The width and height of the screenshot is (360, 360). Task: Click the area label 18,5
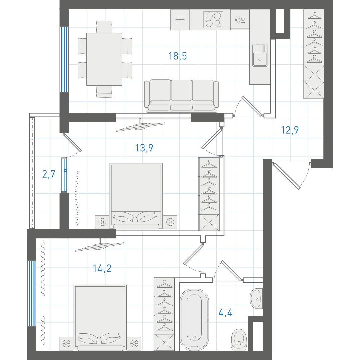(x=177, y=56)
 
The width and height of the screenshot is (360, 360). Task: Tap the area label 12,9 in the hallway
(x=290, y=130)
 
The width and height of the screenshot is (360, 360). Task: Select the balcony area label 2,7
(x=49, y=174)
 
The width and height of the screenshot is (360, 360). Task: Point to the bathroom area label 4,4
(x=225, y=313)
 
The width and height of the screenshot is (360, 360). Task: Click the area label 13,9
(x=144, y=148)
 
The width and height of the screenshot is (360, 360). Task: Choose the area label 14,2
(x=102, y=268)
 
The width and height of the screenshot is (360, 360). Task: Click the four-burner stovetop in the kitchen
(x=213, y=20)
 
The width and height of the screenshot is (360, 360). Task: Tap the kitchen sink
(x=260, y=55)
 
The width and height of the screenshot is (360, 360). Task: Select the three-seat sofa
(x=181, y=96)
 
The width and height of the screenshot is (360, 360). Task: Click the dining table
(x=104, y=59)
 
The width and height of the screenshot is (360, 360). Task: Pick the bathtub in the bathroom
(x=194, y=319)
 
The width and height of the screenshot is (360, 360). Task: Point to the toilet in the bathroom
(x=239, y=340)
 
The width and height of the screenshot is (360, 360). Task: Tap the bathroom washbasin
(x=256, y=298)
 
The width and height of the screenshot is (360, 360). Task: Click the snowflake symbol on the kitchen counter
(x=180, y=20)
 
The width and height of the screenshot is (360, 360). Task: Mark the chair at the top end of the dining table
(x=104, y=27)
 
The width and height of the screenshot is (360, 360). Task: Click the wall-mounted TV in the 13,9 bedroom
(x=141, y=127)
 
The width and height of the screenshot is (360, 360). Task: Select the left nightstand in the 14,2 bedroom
(x=66, y=344)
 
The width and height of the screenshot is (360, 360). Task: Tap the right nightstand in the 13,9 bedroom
(x=170, y=222)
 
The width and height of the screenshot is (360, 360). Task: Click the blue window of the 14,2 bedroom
(x=32, y=293)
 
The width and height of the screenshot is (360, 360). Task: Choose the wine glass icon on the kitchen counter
(x=240, y=20)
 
